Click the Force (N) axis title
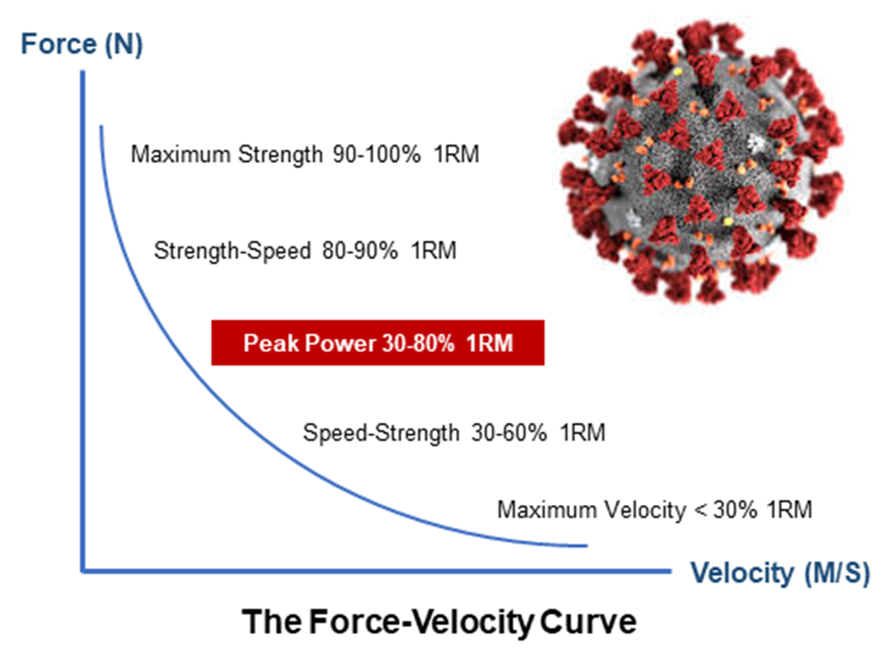(x=82, y=44)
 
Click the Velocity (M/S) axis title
(x=780, y=573)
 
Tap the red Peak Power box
(x=377, y=343)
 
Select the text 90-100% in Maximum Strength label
(x=376, y=154)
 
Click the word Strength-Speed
(x=232, y=251)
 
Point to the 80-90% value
(x=359, y=251)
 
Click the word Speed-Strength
(x=381, y=433)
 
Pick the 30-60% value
(x=509, y=433)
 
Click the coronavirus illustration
(x=701, y=162)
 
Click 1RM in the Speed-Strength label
(x=583, y=433)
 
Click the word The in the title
(x=271, y=622)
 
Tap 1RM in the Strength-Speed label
(x=433, y=251)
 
